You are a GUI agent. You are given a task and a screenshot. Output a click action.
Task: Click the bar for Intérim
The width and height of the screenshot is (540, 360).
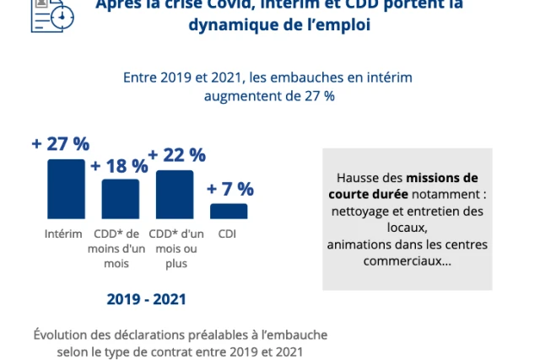[66, 189]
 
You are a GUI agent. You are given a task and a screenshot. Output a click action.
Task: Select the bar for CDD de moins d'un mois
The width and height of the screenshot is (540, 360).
[120, 199]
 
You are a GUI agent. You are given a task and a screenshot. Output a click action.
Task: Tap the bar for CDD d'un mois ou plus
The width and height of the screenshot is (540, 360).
[175, 195]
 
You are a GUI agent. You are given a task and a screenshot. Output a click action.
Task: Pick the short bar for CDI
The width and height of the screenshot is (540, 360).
[229, 211]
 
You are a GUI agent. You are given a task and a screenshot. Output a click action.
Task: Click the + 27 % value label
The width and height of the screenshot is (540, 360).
[60, 144]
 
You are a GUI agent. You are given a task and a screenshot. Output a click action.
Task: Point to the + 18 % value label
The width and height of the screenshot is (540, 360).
[119, 165]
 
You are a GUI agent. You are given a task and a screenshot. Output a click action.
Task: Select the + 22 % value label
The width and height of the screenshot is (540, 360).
[176, 155]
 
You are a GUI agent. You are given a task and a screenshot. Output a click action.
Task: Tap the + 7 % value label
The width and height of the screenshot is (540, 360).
[229, 189]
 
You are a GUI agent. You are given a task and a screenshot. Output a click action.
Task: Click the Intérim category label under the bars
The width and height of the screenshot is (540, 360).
[63, 233]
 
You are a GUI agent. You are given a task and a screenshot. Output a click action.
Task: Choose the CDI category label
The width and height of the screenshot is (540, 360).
[227, 233]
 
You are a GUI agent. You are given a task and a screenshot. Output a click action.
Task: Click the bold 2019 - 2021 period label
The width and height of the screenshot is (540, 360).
[147, 299]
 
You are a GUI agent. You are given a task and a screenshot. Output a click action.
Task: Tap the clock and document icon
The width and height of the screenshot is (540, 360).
[51, 15]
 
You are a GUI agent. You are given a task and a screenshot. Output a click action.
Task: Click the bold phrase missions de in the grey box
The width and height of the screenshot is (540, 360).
[441, 178]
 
